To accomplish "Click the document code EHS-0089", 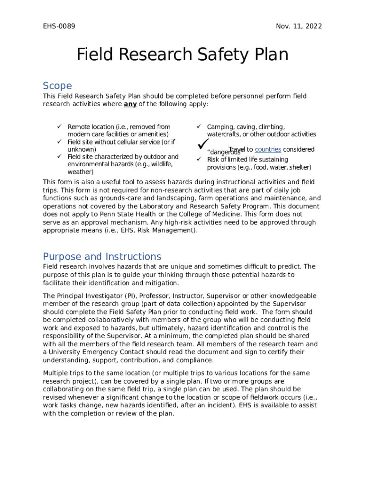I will tap(59, 26).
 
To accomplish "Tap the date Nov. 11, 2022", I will tap(299, 26).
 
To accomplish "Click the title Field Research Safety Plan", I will tap(182, 55).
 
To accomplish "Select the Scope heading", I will tap(57, 86).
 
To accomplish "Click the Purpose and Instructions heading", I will tap(102, 257).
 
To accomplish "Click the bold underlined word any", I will tap(130, 104).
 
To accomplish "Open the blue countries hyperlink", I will tap(268, 149).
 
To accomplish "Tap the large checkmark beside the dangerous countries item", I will tap(204, 143).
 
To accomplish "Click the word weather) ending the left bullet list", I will tap(80, 172).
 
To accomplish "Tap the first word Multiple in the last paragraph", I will tap(56, 373).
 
